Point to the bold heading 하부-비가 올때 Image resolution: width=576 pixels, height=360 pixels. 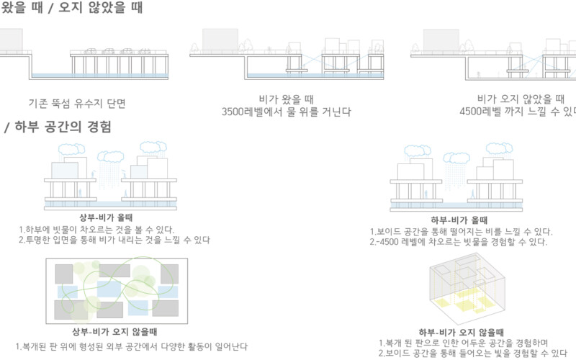click(x=456, y=219)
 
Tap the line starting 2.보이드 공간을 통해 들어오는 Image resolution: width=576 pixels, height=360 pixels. click(x=469, y=354)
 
